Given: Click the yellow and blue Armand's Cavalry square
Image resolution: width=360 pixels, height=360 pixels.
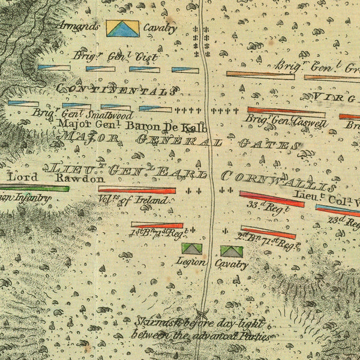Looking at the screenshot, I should (122, 28).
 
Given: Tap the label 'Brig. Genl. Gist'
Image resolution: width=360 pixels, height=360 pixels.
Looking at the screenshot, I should (115, 56).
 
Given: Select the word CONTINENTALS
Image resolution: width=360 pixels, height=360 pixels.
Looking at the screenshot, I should (116, 90).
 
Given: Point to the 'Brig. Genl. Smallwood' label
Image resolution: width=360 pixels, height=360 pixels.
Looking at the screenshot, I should (82, 114).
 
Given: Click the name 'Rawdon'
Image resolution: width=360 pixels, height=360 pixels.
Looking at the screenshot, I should (80, 178).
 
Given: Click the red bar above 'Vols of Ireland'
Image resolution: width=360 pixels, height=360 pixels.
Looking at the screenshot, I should (137, 190).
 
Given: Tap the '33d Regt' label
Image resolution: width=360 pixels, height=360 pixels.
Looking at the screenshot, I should (262, 209).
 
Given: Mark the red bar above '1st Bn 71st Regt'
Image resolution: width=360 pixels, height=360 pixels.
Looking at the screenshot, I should (157, 225).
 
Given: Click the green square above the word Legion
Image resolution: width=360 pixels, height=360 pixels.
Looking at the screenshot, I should (192, 248).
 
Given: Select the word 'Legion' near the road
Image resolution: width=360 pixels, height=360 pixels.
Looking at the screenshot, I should (191, 262).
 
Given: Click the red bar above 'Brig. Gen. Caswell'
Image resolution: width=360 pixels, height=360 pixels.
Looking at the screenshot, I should (286, 110).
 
